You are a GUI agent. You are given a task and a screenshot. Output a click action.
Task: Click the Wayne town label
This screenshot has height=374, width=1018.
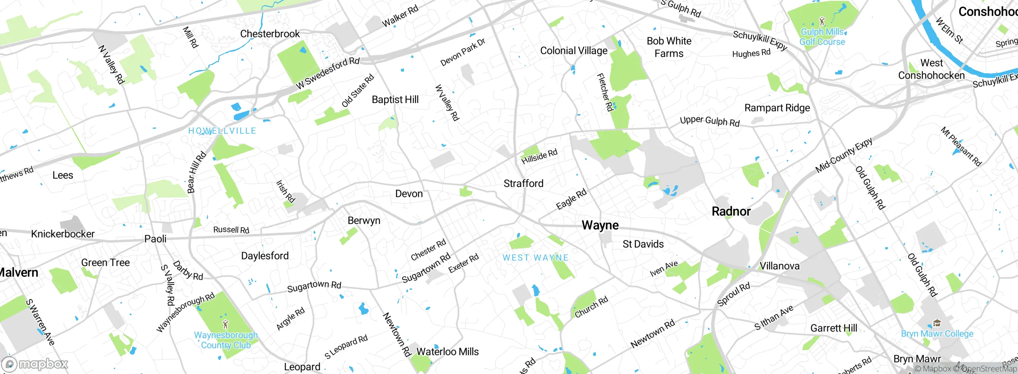click(600, 225)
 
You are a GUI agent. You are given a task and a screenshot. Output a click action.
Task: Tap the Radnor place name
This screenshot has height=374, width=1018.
click(731, 211)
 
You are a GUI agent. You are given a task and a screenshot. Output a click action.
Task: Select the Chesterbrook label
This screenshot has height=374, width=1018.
click(270, 34)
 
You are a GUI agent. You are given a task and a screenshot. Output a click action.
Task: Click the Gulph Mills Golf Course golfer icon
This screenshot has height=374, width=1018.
click(822, 21)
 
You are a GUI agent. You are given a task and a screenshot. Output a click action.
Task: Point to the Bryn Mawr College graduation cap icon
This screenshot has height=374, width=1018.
click(937, 323)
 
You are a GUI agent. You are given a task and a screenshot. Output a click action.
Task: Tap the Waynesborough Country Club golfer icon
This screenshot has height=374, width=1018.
click(225, 324)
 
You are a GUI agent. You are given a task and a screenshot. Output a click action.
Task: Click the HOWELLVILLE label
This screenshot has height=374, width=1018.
click(222, 131)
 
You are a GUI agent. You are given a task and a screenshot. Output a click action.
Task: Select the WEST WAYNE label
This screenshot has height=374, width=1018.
click(535, 258)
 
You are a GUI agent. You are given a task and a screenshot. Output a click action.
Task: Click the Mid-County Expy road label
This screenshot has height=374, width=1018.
click(843, 155)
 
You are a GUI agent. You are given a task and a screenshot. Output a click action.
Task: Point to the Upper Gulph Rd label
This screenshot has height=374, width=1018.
click(709, 121)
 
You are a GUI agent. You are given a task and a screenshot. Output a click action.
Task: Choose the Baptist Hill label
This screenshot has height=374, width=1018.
click(395, 99)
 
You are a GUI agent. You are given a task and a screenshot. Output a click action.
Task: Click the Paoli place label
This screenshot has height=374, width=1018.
click(155, 239)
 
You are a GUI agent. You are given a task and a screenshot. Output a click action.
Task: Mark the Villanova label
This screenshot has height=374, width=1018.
click(779, 266)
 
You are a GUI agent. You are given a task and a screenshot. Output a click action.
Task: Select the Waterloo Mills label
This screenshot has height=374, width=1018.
click(447, 352)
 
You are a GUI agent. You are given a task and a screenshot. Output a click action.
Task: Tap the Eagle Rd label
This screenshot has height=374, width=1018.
click(571, 199)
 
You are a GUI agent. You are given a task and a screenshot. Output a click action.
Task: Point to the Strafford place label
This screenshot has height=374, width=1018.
click(523, 183)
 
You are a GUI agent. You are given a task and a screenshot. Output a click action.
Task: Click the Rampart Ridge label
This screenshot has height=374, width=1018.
click(777, 108)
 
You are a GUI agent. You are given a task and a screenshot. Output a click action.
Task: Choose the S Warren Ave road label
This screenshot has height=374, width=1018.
click(40, 322)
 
